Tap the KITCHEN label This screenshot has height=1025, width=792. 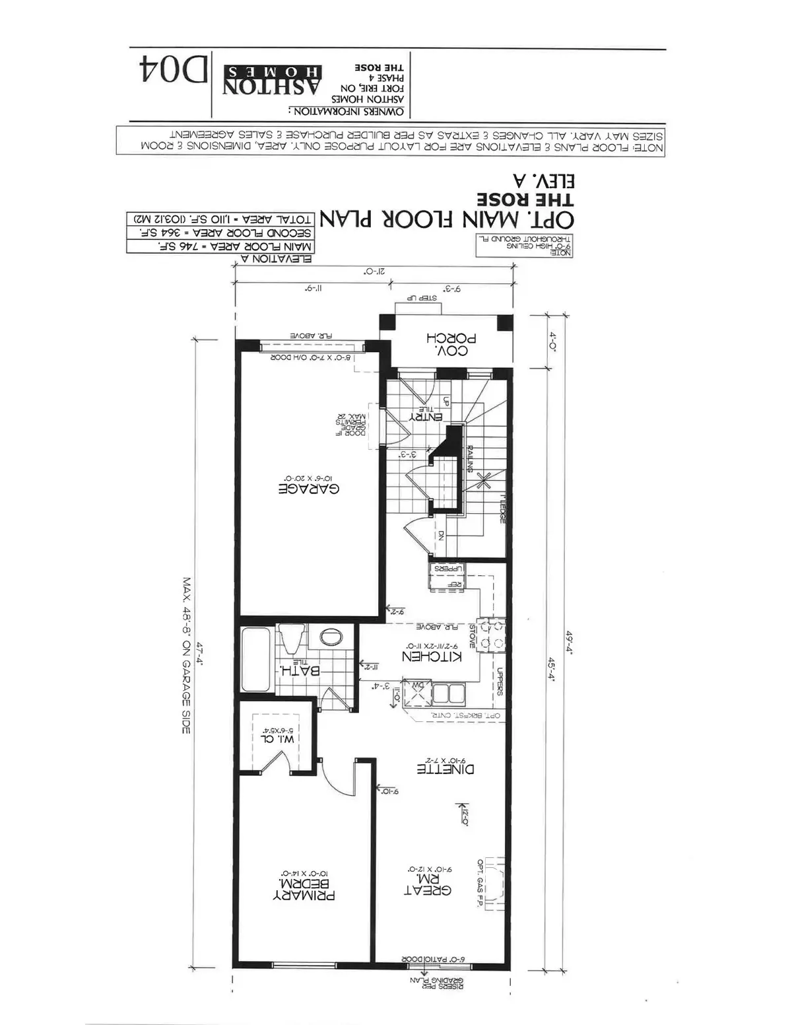point(432,656)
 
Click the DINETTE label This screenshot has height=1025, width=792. point(445,769)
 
